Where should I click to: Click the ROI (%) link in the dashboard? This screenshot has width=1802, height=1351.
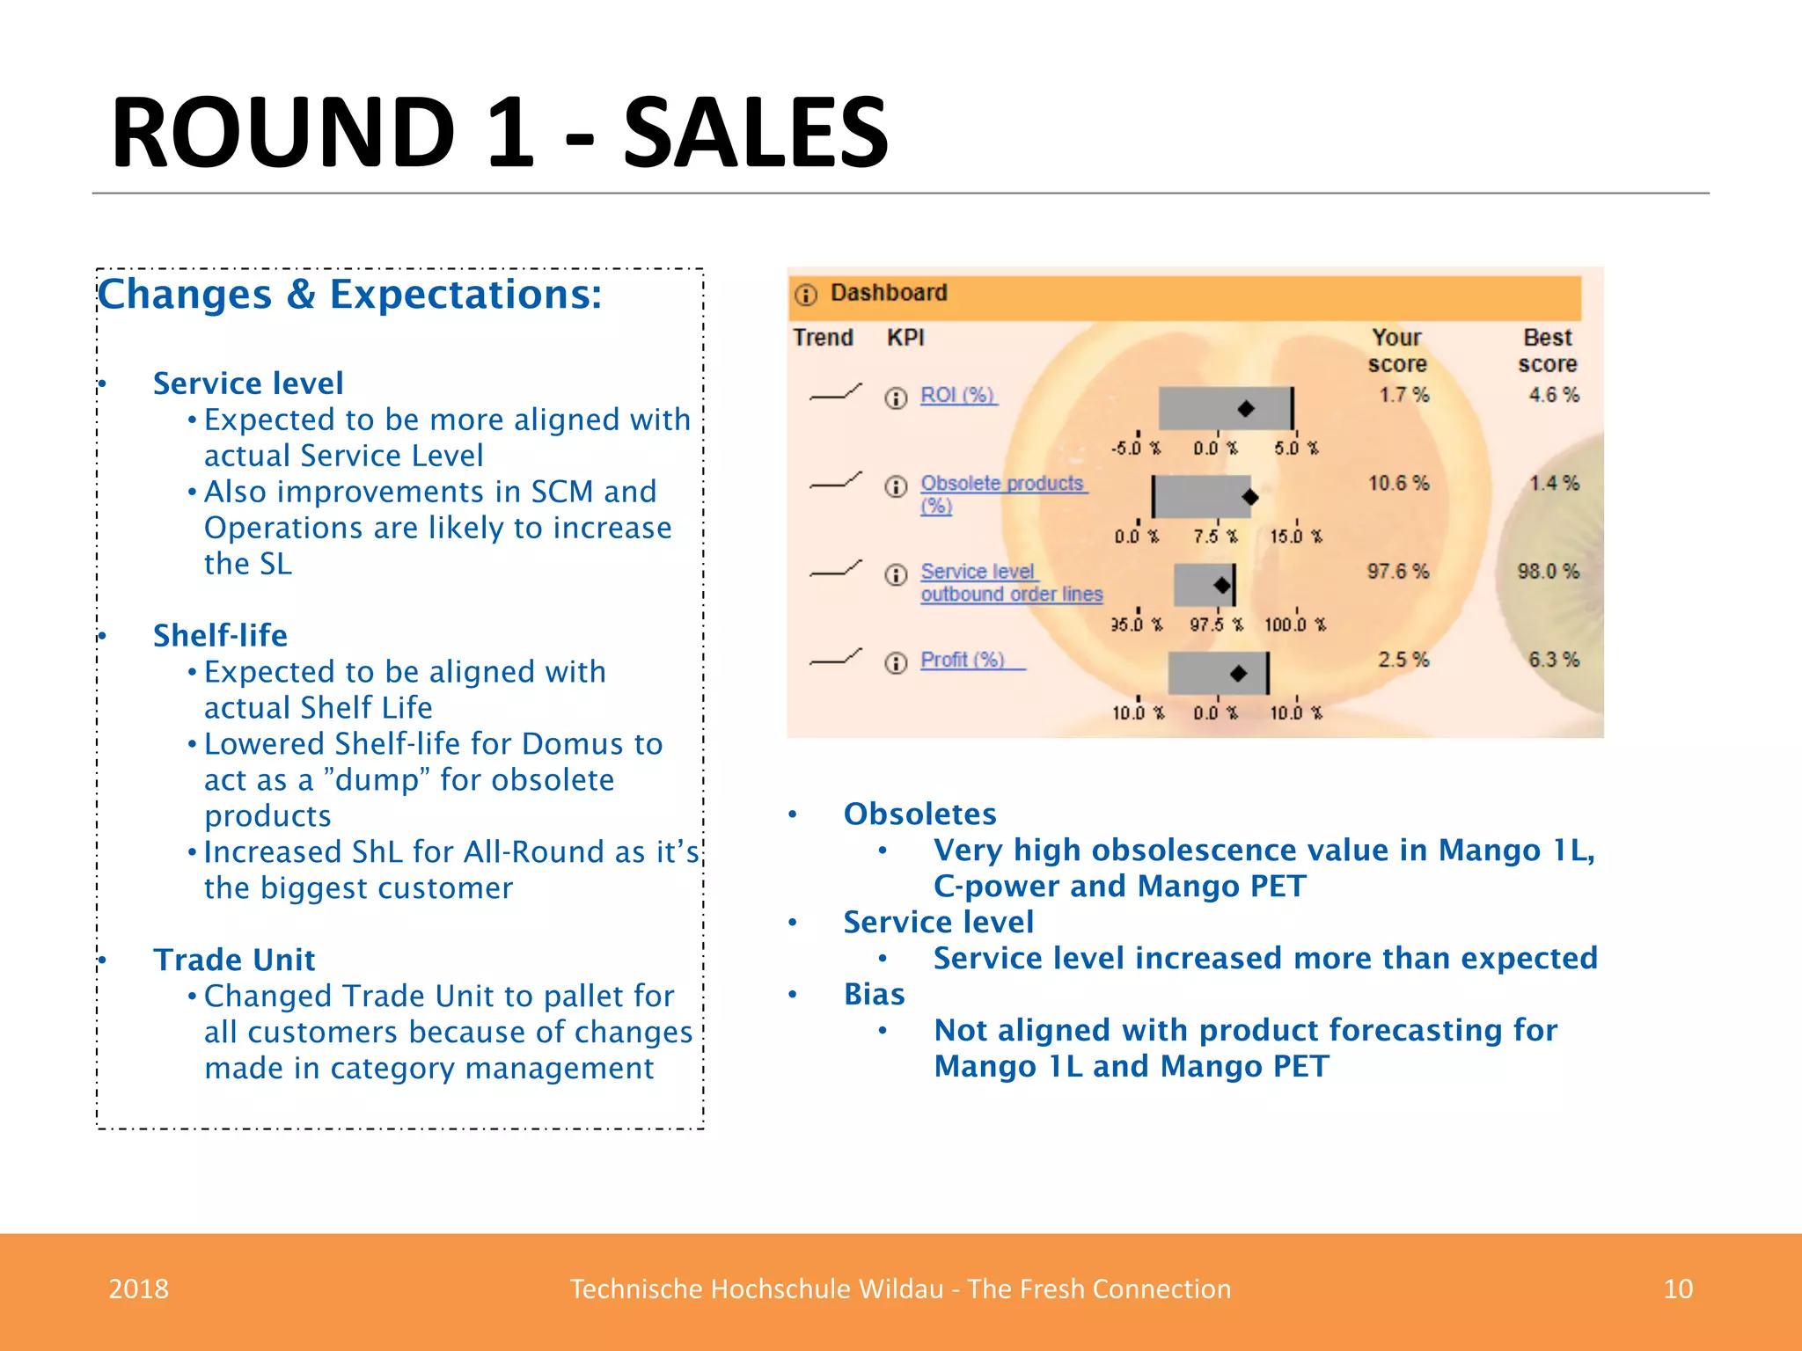957,396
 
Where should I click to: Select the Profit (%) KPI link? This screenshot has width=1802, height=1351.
963,660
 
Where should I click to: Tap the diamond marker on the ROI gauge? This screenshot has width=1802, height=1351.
1246,409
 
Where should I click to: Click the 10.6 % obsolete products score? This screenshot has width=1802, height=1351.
1398,483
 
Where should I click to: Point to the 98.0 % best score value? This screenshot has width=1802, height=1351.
1548,572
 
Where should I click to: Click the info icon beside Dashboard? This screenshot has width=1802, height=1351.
806,295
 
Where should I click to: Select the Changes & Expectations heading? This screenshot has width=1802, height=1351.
349,294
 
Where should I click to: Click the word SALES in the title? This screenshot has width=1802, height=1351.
756,134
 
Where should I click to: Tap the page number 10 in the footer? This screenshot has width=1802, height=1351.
1678,1289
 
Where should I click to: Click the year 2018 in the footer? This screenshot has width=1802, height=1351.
138,1289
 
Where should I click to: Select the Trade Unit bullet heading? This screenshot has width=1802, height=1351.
234,960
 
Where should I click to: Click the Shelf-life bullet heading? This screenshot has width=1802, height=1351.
220,635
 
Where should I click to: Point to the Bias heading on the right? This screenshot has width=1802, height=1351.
874,994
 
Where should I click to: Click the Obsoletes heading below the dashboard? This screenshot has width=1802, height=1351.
919,814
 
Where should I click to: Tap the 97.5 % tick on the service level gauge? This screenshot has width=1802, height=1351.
1217,624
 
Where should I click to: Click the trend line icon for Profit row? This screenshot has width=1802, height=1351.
835,658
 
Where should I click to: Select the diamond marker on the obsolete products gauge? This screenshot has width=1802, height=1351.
1249,497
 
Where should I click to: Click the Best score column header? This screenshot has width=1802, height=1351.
1547,350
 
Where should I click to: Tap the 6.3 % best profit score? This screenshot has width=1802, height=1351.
1553,660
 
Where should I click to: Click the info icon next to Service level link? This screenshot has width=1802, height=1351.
896,575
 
